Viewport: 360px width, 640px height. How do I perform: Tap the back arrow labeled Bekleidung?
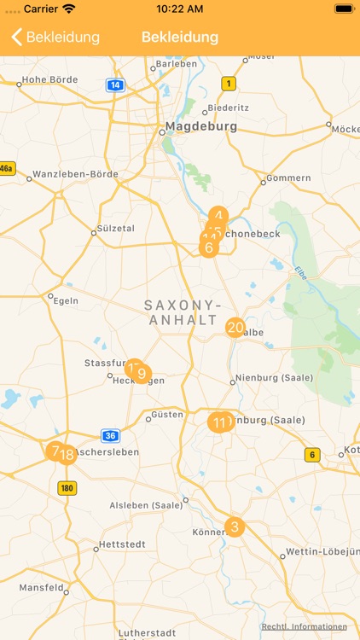coord(55,38)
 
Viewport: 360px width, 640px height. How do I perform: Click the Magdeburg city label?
coord(200,126)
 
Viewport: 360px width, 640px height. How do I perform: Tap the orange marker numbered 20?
coord(235,328)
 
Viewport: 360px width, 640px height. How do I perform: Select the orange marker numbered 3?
coord(235,527)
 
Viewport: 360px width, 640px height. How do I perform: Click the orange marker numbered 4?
coord(219,217)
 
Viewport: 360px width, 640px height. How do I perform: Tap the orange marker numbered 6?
coord(207,248)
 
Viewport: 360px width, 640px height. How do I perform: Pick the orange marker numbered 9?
coord(142,374)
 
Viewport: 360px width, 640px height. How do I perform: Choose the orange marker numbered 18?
coord(67,455)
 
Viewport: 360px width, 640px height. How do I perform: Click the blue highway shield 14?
coord(115,84)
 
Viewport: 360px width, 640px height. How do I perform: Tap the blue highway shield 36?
coord(110,435)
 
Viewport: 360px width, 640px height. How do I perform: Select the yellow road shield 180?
coord(67,488)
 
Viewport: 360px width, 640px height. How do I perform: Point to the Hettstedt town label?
coord(123,544)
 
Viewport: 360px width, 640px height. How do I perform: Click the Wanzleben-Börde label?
coord(76,174)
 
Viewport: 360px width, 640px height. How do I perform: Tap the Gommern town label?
coord(288,178)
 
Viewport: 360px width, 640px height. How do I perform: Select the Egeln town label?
coord(66,300)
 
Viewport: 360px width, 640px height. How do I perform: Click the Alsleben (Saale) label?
coord(145,505)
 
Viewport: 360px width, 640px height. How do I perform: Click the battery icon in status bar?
coord(344,9)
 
